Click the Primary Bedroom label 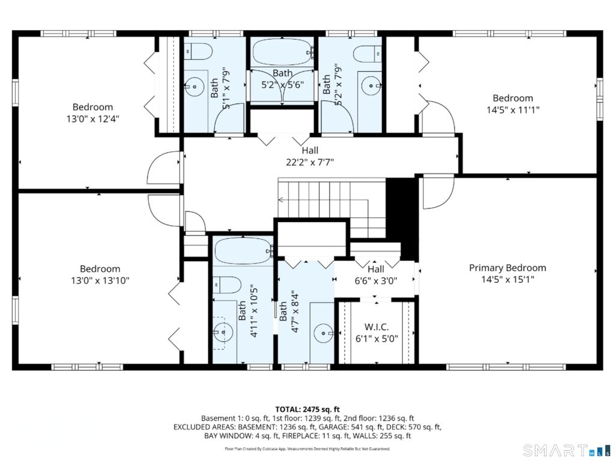(x=507, y=268)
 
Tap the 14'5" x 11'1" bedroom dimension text (x=513, y=110)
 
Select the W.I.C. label (x=377, y=327)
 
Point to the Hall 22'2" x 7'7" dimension (x=310, y=162)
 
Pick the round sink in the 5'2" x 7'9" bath (x=370, y=85)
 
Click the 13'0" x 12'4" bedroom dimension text (x=93, y=118)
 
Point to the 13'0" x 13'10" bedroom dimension (x=100, y=280)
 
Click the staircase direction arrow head (x=280, y=200)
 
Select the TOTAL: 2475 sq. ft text (x=307, y=410)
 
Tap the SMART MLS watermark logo (x=567, y=450)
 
